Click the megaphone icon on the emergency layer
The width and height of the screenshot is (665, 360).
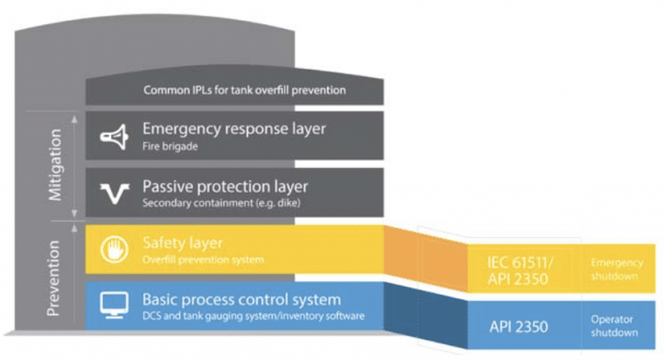[113, 137]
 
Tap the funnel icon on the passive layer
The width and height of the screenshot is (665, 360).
[113, 193]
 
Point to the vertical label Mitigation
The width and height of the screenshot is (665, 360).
[55, 165]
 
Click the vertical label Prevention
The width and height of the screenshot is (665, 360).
[55, 275]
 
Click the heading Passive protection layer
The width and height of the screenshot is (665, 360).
[224, 186]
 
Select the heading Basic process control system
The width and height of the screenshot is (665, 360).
[242, 299]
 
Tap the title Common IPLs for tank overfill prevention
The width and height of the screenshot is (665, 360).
[244, 91]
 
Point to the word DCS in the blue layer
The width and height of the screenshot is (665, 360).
[152, 316]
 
